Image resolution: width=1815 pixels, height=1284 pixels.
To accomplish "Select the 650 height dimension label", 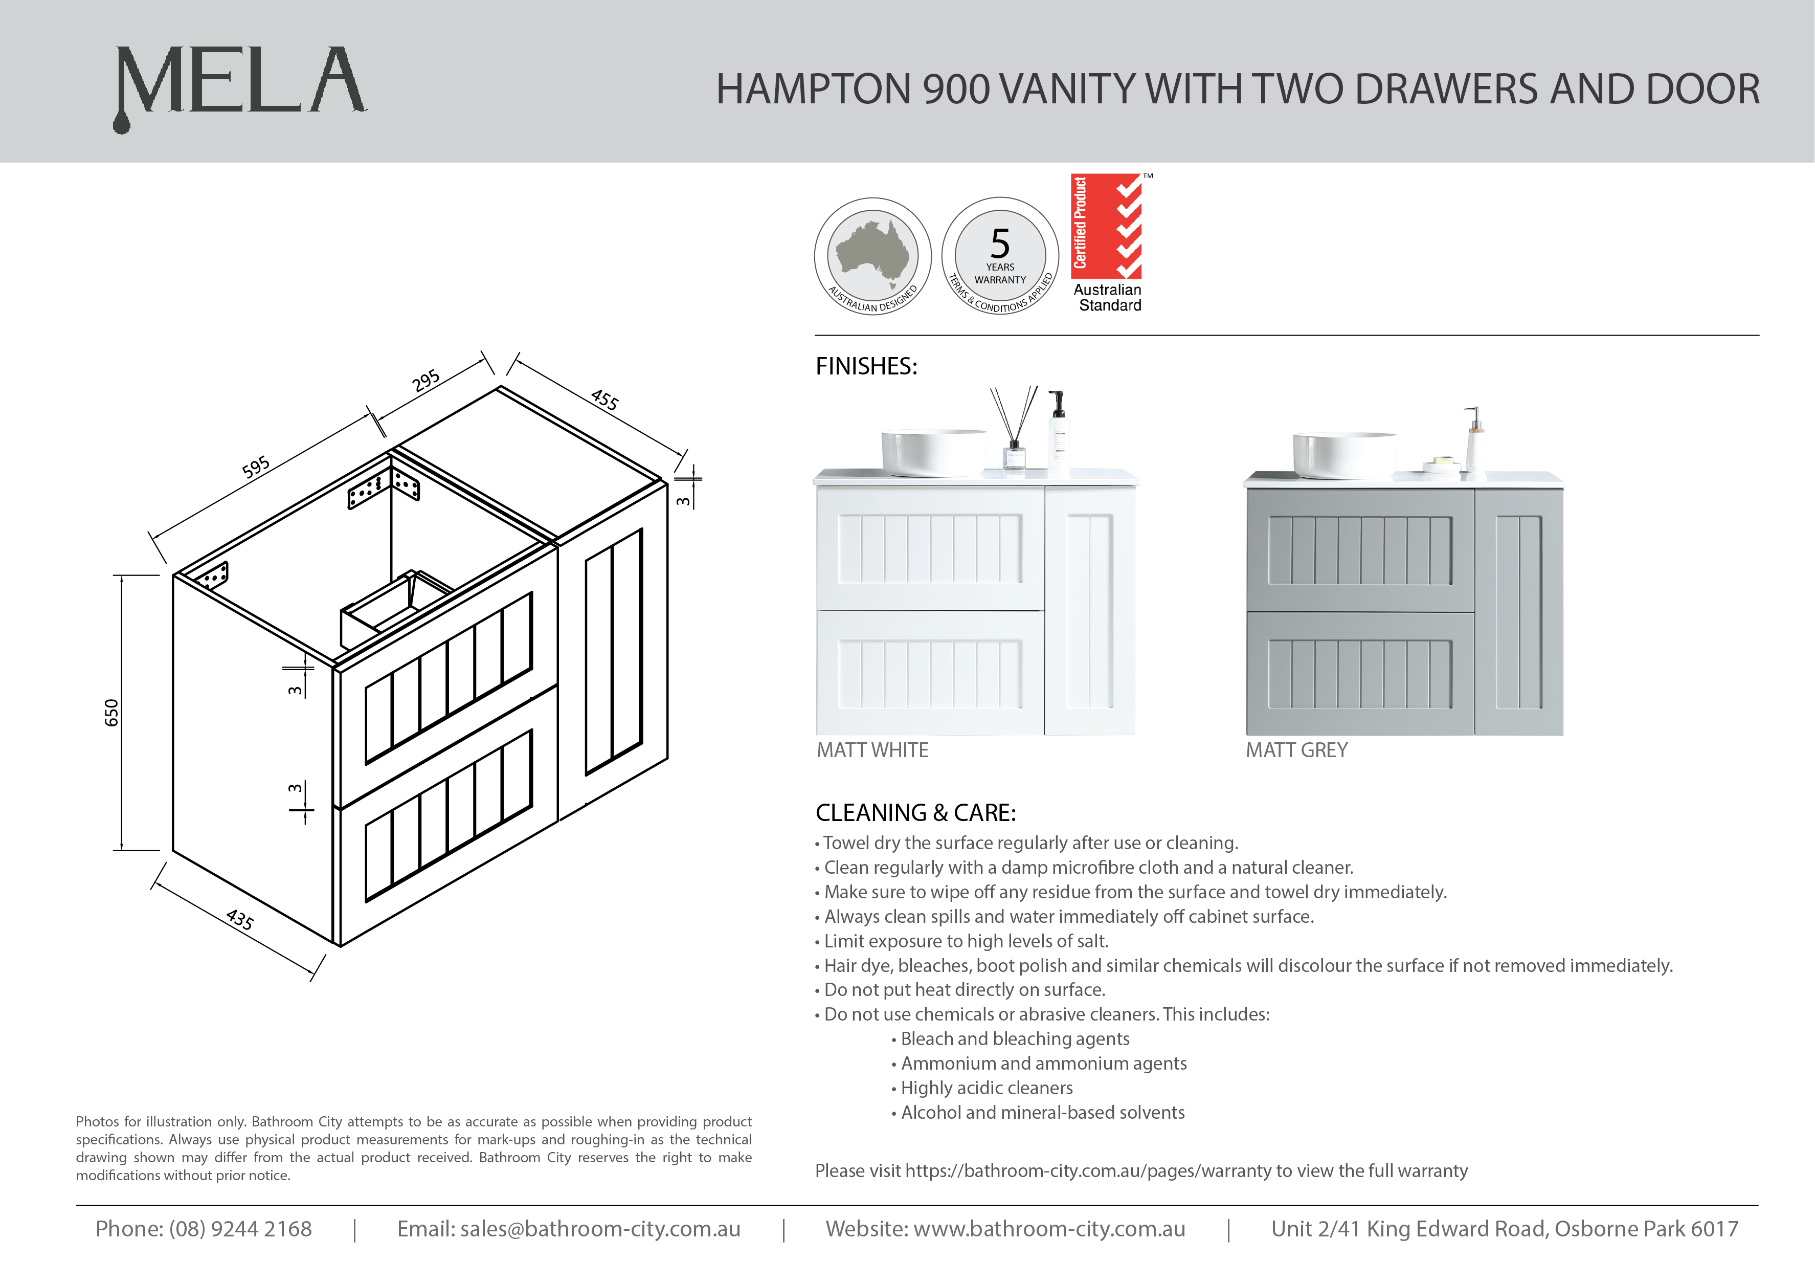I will coord(111,713).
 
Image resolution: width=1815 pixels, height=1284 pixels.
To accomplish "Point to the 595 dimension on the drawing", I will coord(256,467).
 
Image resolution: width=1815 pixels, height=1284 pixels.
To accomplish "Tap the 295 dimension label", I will coord(426,381).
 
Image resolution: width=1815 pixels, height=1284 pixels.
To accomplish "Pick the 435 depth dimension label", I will coord(239,919).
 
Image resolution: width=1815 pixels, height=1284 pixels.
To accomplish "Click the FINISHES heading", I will coord(866,366).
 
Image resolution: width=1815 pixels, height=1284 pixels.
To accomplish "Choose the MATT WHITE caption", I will coord(872,750).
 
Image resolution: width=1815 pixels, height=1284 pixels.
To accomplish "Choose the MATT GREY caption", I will coord(1296,750).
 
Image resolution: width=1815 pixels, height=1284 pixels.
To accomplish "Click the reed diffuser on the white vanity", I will coord(1014,431).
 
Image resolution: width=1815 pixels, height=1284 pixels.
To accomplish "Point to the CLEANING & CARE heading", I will coord(915,813).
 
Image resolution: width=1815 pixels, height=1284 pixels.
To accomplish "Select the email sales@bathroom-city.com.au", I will coord(600,1229).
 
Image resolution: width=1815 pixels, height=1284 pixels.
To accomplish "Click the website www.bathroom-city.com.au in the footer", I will coord(1049,1229).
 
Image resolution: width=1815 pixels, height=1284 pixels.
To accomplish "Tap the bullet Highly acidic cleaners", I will coord(987,1088).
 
